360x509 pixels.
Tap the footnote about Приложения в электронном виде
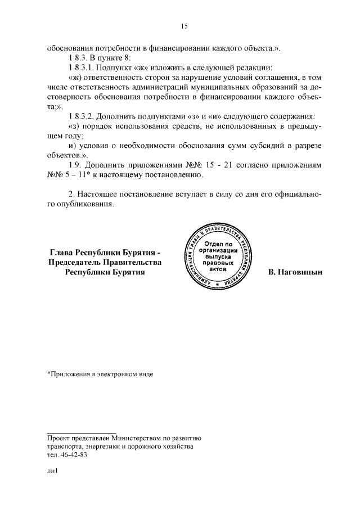(100, 373)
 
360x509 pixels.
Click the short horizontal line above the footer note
(81, 430)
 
